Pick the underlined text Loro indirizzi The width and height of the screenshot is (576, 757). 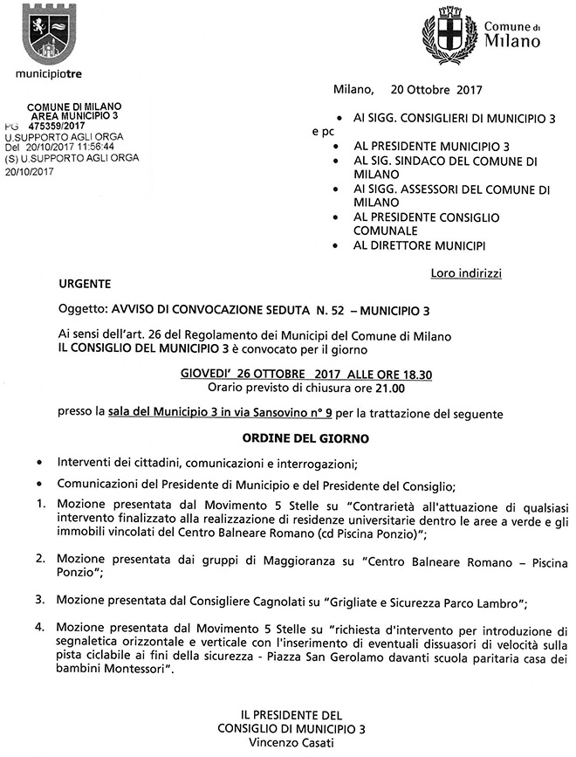coord(466,273)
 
